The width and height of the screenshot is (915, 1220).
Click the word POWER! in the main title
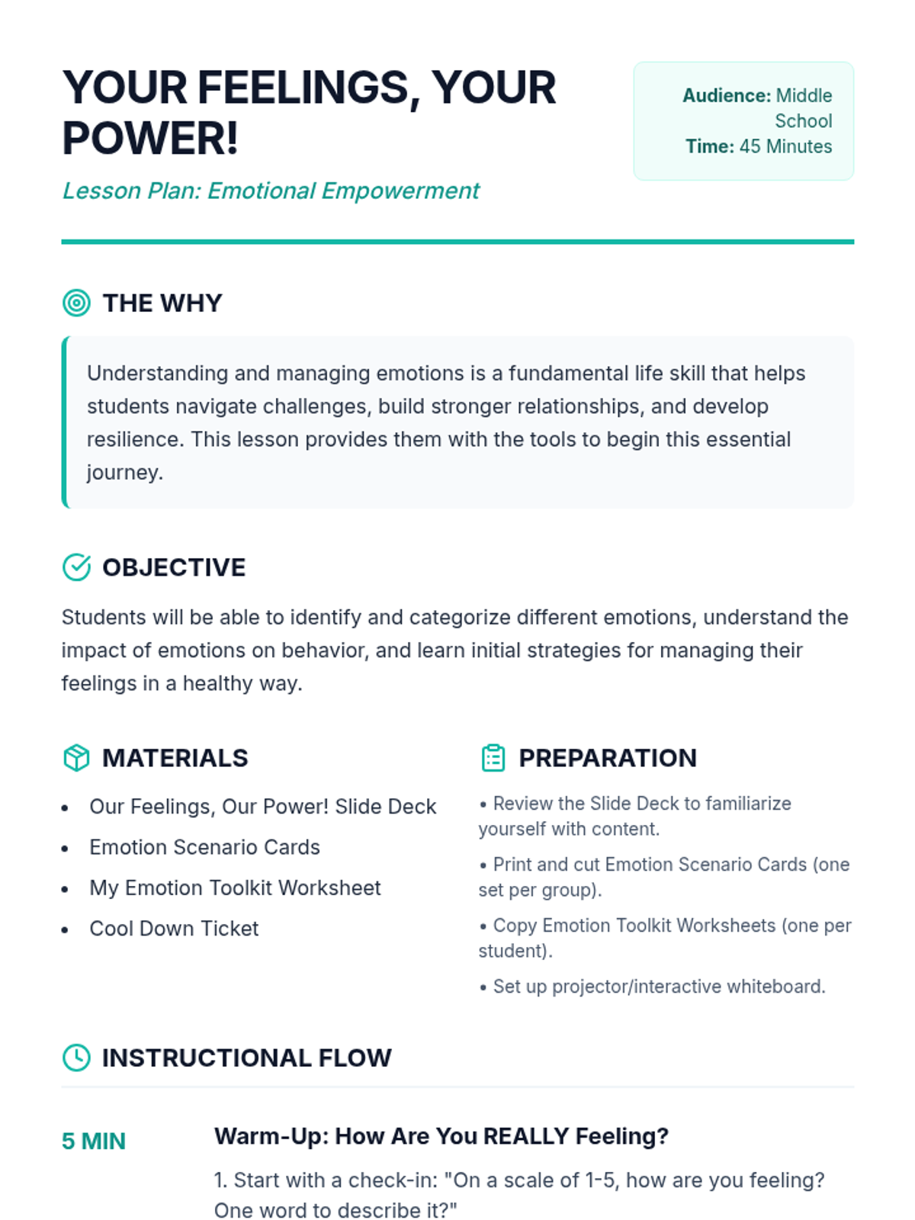(150, 139)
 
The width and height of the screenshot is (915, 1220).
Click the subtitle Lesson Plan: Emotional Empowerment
(271, 191)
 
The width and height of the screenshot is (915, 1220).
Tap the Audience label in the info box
(726, 96)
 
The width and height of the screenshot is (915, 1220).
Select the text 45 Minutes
(785, 146)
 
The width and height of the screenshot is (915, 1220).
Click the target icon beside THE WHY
(76, 303)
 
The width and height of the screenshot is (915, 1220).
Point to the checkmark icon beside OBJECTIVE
(76, 567)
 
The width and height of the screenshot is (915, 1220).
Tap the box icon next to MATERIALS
(76, 758)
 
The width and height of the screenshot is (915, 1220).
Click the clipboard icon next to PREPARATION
(493, 758)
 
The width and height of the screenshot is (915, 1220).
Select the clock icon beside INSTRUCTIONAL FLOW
(76, 1058)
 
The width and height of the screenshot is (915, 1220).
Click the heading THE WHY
(162, 303)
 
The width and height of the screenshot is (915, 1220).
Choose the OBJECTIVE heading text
(174, 568)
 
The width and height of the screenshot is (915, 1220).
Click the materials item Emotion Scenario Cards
(204, 847)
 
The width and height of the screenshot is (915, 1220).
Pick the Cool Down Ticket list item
(174, 929)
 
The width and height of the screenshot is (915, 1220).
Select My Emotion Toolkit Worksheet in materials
(235, 888)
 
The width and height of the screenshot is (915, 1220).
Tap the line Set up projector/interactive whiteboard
(659, 987)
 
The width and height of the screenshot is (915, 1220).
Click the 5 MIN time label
(94, 1141)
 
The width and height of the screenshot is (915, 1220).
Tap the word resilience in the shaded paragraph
(133, 440)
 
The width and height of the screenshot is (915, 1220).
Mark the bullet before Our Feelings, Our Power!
(66, 807)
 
